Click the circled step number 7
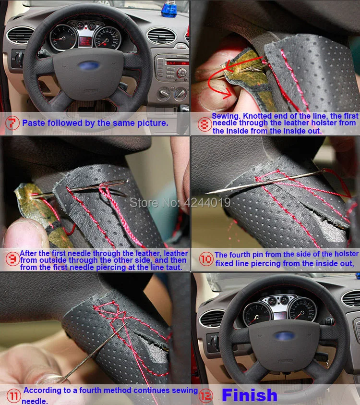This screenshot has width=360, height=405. pyautogui.click(x=12, y=123)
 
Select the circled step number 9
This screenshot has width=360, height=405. pyautogui.click(x=11, y=259)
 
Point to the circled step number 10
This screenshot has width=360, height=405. pyautogui.click(x=205, y=259)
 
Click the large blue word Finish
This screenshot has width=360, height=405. pyautogui.click(x=250, y=395)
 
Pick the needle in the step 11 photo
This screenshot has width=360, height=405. pyautogui.click(x=96, y=351)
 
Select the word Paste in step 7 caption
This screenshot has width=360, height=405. pyautogui.click(x=33, y=123)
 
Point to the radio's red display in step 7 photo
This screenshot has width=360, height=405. pyautogui.click(x=177, y=62)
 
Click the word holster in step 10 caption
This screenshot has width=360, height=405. pyautogui.click(x=344, y=254)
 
